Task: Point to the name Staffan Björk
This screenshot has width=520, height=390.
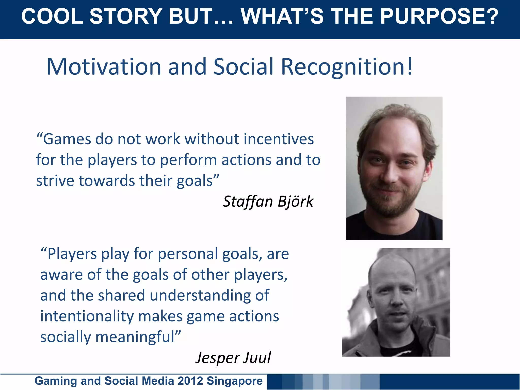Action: pyautogui.click(x=268, y=202)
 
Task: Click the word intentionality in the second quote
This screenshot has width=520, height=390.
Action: pyautogui.click(x=87, y=316)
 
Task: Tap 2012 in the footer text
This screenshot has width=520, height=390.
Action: pyautogui.click(x=190, y=381)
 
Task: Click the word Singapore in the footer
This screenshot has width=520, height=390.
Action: pyautogui.click(x=234, y=381)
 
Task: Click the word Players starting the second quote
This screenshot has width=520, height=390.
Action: pyautogui.click(x=72, y=254)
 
